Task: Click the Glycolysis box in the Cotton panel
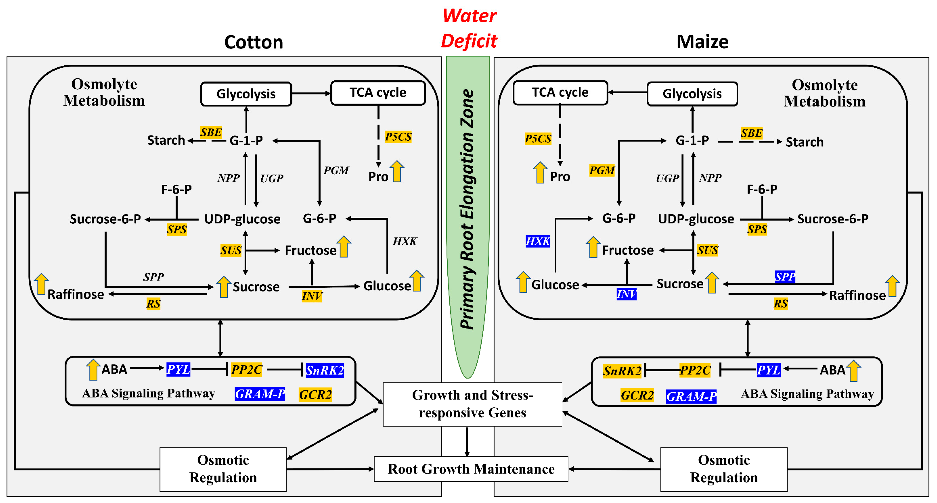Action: tap(246, 94)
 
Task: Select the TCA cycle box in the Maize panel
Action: tap(560, 93)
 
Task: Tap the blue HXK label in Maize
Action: tap(538, 241)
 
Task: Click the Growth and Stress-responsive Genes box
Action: tap(472, 404)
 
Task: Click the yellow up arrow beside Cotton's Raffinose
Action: tap(41, 284)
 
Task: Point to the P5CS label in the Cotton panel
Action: tap(398, 137)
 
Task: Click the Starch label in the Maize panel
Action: tap(805, 142)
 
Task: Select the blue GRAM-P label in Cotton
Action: tap(260, 394)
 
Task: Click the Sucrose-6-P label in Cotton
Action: tap(105, 219)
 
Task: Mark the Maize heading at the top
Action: tap(702, 42)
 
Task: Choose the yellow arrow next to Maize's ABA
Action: tap(853, 370)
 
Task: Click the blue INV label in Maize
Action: tap(626, 294)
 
